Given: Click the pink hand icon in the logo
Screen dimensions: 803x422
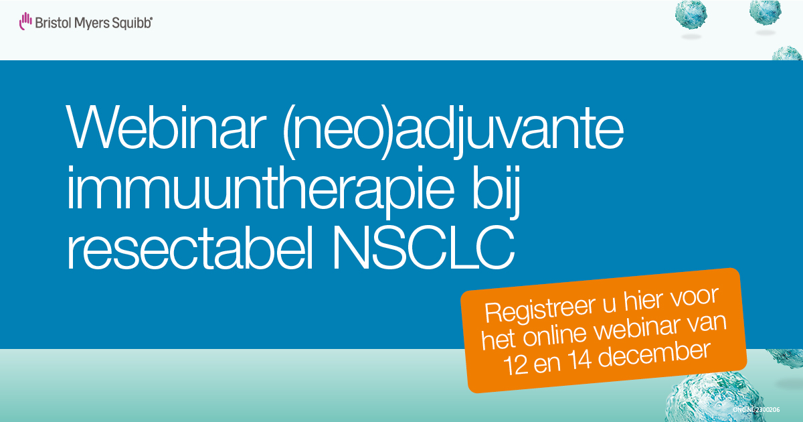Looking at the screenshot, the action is click(x=25, y=21).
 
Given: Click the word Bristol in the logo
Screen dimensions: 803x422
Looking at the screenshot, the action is click(x=53, y=23).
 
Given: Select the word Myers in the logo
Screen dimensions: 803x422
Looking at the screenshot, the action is click(x=92, y=23).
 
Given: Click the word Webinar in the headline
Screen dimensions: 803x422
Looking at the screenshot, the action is click(x=166, y=127).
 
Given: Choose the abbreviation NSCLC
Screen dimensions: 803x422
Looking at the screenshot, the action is click(x=424, y=247).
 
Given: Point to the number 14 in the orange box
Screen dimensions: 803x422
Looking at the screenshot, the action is click(x=579, y=360).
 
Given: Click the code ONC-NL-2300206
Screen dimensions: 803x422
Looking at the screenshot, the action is click(x=755, y=410).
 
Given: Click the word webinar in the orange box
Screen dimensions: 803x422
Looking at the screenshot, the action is click(x=636, y=330).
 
